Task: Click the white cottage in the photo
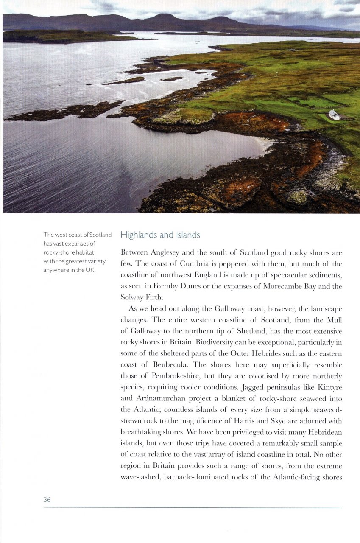coord(334,115)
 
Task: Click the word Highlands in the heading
coord(139,235)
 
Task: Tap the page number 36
coord(47,500)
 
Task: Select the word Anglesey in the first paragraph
coord(165,253)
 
